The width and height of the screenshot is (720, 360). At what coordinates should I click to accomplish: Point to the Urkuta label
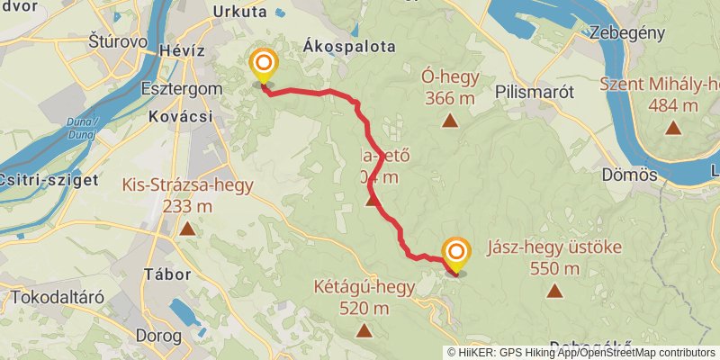click(240, 12)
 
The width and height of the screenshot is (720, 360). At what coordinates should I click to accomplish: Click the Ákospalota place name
click(350, 47)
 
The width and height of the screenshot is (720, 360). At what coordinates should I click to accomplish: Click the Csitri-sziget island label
click(49, 179)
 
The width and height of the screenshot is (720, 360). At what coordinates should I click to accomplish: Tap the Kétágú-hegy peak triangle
click(364, 330)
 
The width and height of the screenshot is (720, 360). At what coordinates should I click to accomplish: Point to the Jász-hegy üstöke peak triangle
click(553, 291)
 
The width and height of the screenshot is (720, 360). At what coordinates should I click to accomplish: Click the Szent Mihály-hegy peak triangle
click(672, 127)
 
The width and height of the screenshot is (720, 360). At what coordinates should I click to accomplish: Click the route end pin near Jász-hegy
click(456, 254)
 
